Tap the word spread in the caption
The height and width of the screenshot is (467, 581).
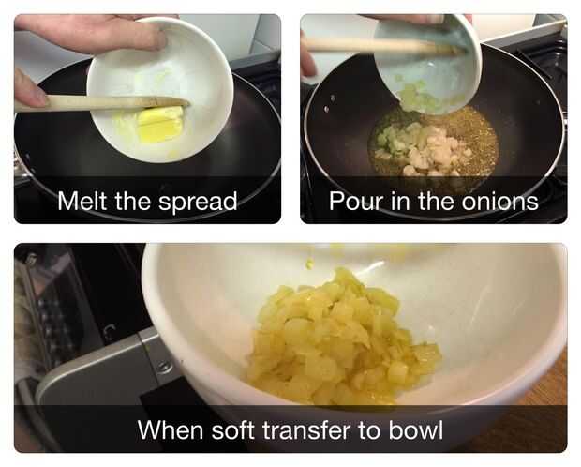pyautogui.click(x=198, y=203)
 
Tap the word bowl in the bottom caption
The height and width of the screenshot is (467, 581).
pyautogui.click(x=416, y=429)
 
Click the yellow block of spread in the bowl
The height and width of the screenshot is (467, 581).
pyautogui.click(x=161, y=124)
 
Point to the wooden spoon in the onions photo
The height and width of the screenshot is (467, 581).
pyautogui.click(x=381, y=45)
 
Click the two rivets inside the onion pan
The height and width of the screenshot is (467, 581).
pyautogui.click(x=329, y=104)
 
